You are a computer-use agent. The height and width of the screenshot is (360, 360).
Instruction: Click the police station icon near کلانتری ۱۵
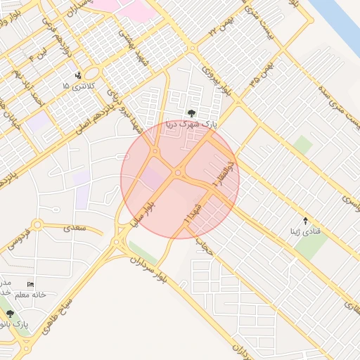tap(78, 75)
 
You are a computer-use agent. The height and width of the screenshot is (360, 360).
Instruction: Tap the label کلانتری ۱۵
tap(76, 86)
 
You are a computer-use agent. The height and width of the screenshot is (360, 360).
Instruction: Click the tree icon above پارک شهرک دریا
tap(191, 112)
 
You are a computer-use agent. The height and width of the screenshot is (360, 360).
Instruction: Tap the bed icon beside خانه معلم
tap(30, 283)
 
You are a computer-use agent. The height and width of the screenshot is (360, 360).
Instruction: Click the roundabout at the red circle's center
tap(179, 172)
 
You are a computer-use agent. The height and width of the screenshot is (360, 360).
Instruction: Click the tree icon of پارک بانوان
tap(10, 314)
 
